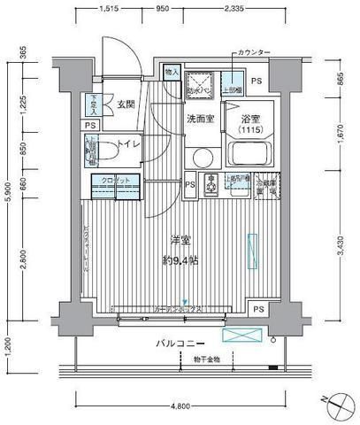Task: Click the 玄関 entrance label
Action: coord(126,105)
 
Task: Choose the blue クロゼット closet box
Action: coord(112,182)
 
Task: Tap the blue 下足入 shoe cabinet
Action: coord(93,104)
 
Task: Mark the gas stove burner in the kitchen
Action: coord(212,184)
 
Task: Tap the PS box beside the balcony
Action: coord(257,309)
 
